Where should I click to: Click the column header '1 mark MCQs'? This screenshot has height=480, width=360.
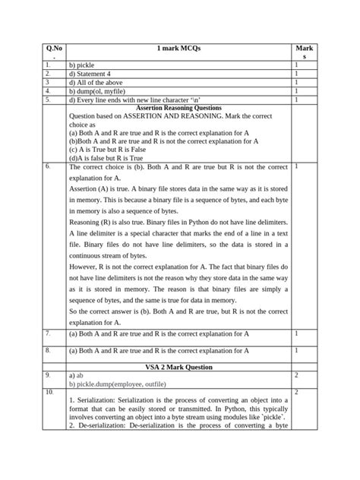178,49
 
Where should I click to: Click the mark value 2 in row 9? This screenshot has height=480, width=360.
295,375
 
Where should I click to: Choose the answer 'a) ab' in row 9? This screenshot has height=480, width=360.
76,375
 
